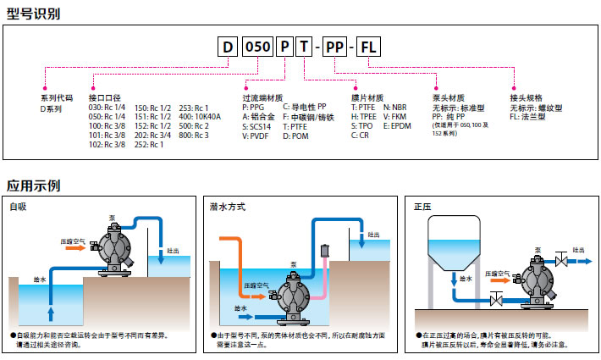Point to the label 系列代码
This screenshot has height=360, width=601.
[57, 98]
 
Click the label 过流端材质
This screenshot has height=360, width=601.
[262, 98]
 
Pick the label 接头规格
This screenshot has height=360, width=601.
[527, 98]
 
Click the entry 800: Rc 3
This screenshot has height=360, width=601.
[194, 136]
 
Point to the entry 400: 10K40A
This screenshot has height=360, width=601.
[199, 117]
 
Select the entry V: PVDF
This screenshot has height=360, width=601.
[257, 136]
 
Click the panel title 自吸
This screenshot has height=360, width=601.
[17, 206]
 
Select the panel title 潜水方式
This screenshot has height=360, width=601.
[228, 206]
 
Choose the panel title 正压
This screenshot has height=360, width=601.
[421, 206]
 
